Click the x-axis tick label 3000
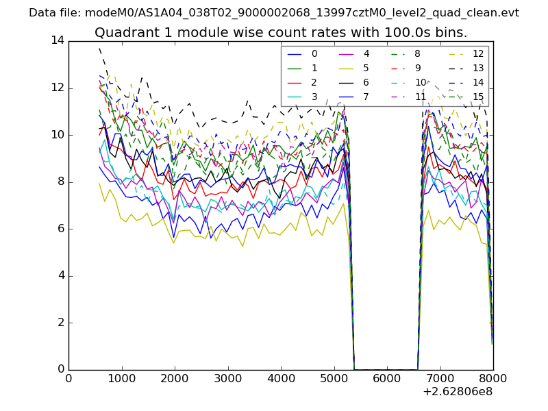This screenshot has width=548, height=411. tap(227, 377)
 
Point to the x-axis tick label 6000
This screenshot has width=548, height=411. tap(387, 377)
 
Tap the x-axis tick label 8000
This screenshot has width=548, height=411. tap(493, 377)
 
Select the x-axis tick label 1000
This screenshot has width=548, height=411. tap(121, 377)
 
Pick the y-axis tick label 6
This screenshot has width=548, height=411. tap(60, 229)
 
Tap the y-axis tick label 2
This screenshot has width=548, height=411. tap(60, 323)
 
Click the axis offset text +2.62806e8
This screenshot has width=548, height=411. tap(456, 392)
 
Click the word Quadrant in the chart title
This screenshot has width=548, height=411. tap(124, 33)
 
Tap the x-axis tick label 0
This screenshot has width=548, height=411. tap(68, 377)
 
